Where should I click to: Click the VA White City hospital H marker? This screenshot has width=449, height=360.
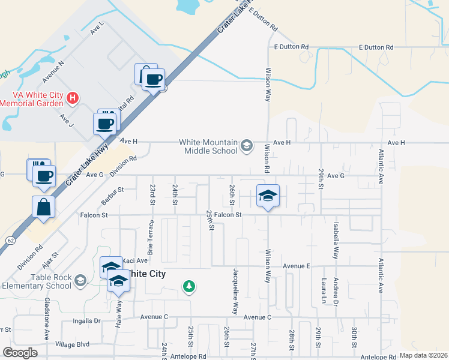click(72, 97)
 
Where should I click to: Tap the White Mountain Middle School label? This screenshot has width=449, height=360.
click(208, 146)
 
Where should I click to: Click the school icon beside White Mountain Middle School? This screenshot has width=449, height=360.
click(246, 146)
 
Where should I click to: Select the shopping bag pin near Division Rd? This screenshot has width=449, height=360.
click(44, 207)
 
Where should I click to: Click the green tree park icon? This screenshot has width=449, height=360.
click(189, 286)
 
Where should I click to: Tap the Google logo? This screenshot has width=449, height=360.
click(20, 353)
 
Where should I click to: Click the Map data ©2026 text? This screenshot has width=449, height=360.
click(424, 355)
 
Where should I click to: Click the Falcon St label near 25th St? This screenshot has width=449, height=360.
click(229, 214)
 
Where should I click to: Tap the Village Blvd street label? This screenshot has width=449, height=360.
click(72, 344)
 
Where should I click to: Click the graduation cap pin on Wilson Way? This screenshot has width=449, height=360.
click(268, 196)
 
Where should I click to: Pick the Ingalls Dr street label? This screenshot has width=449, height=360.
click(88, 321)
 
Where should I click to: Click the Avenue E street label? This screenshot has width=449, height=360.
click(296, 265)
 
